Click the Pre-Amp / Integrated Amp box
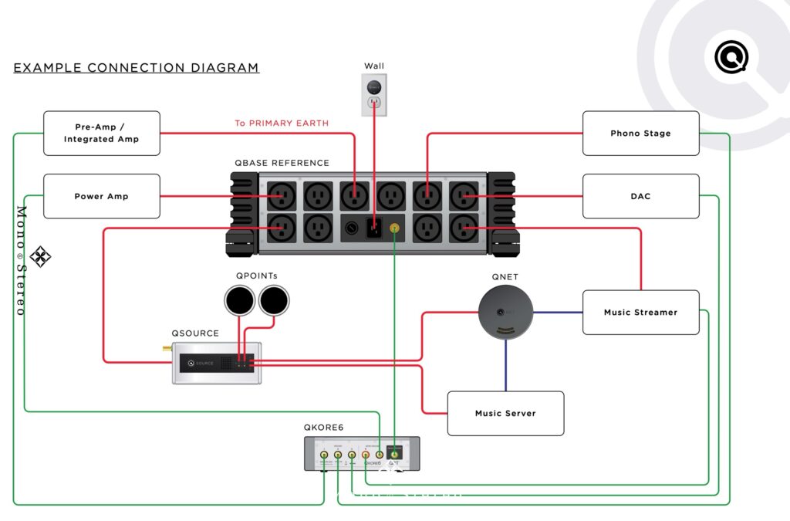(x=101, y=133)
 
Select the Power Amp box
(x=101, y=196)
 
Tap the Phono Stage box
(x=640, y=133)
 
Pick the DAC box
(x=640, y=196)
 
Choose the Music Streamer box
(x=640, y=312)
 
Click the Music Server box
(x=505, y=413)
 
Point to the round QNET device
(x=505, y=312)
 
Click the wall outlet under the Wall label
(x=374, y=95)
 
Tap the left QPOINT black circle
(x=239, y=299)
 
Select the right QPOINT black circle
(x=274, y=299)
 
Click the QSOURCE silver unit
(x=216, y=363)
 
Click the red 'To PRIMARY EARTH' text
(x=282, y=123)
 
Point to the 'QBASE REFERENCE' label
(x=282, y=163)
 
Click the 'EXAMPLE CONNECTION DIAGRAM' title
(x=136, y=68)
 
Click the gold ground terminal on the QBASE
(x=395, y=228)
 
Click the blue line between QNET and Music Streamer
(x=557, y=312)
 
